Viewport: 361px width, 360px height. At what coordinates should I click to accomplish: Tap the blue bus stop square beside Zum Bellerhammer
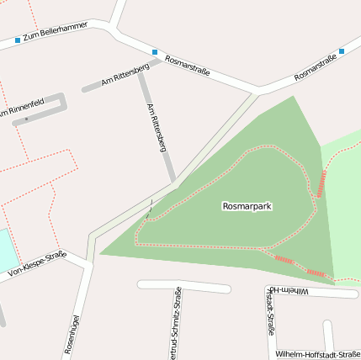coord(18,40)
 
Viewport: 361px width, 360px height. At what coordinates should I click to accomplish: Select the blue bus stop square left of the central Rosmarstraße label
coord(155,52)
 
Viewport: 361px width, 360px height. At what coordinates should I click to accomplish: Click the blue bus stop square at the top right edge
coord(342,51)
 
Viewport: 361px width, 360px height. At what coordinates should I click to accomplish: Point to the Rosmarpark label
coord(247,206)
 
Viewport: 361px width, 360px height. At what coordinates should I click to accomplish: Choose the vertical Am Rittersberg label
coord(156,127)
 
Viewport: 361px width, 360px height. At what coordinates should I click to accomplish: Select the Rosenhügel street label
coord(72,335)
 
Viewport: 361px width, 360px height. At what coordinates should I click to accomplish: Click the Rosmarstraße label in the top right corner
coord(316,68)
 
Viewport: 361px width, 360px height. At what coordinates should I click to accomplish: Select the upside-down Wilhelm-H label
coord(312,290)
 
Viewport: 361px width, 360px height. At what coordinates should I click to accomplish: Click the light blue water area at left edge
coord(7,250)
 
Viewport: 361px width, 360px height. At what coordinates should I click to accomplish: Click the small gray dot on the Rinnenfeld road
coord(27,119)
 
